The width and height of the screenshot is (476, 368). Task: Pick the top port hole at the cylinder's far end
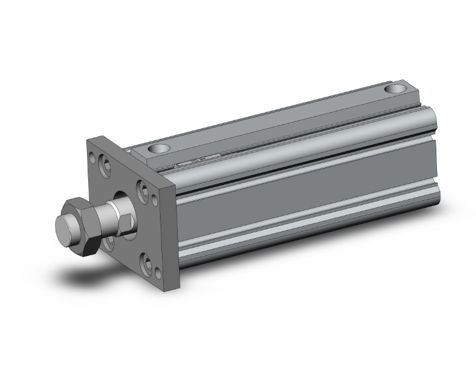tap(398, 89)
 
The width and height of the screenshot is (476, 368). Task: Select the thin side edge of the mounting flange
tap(174, 237)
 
